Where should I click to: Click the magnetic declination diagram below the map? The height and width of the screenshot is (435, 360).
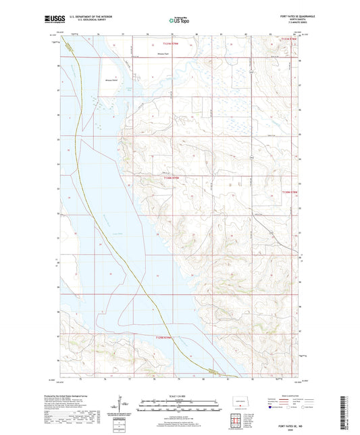(124, 405)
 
